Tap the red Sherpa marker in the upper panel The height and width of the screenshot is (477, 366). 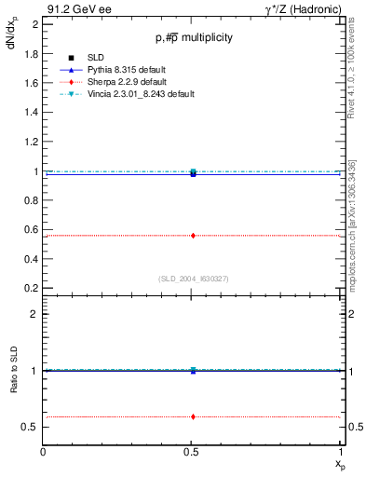[x=193, y=236]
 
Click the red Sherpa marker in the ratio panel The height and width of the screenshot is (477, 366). [x=193, y=416]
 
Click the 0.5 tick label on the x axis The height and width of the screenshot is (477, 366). [x=193, y=452]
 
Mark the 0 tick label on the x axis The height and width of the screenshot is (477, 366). [x=44, y=452]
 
